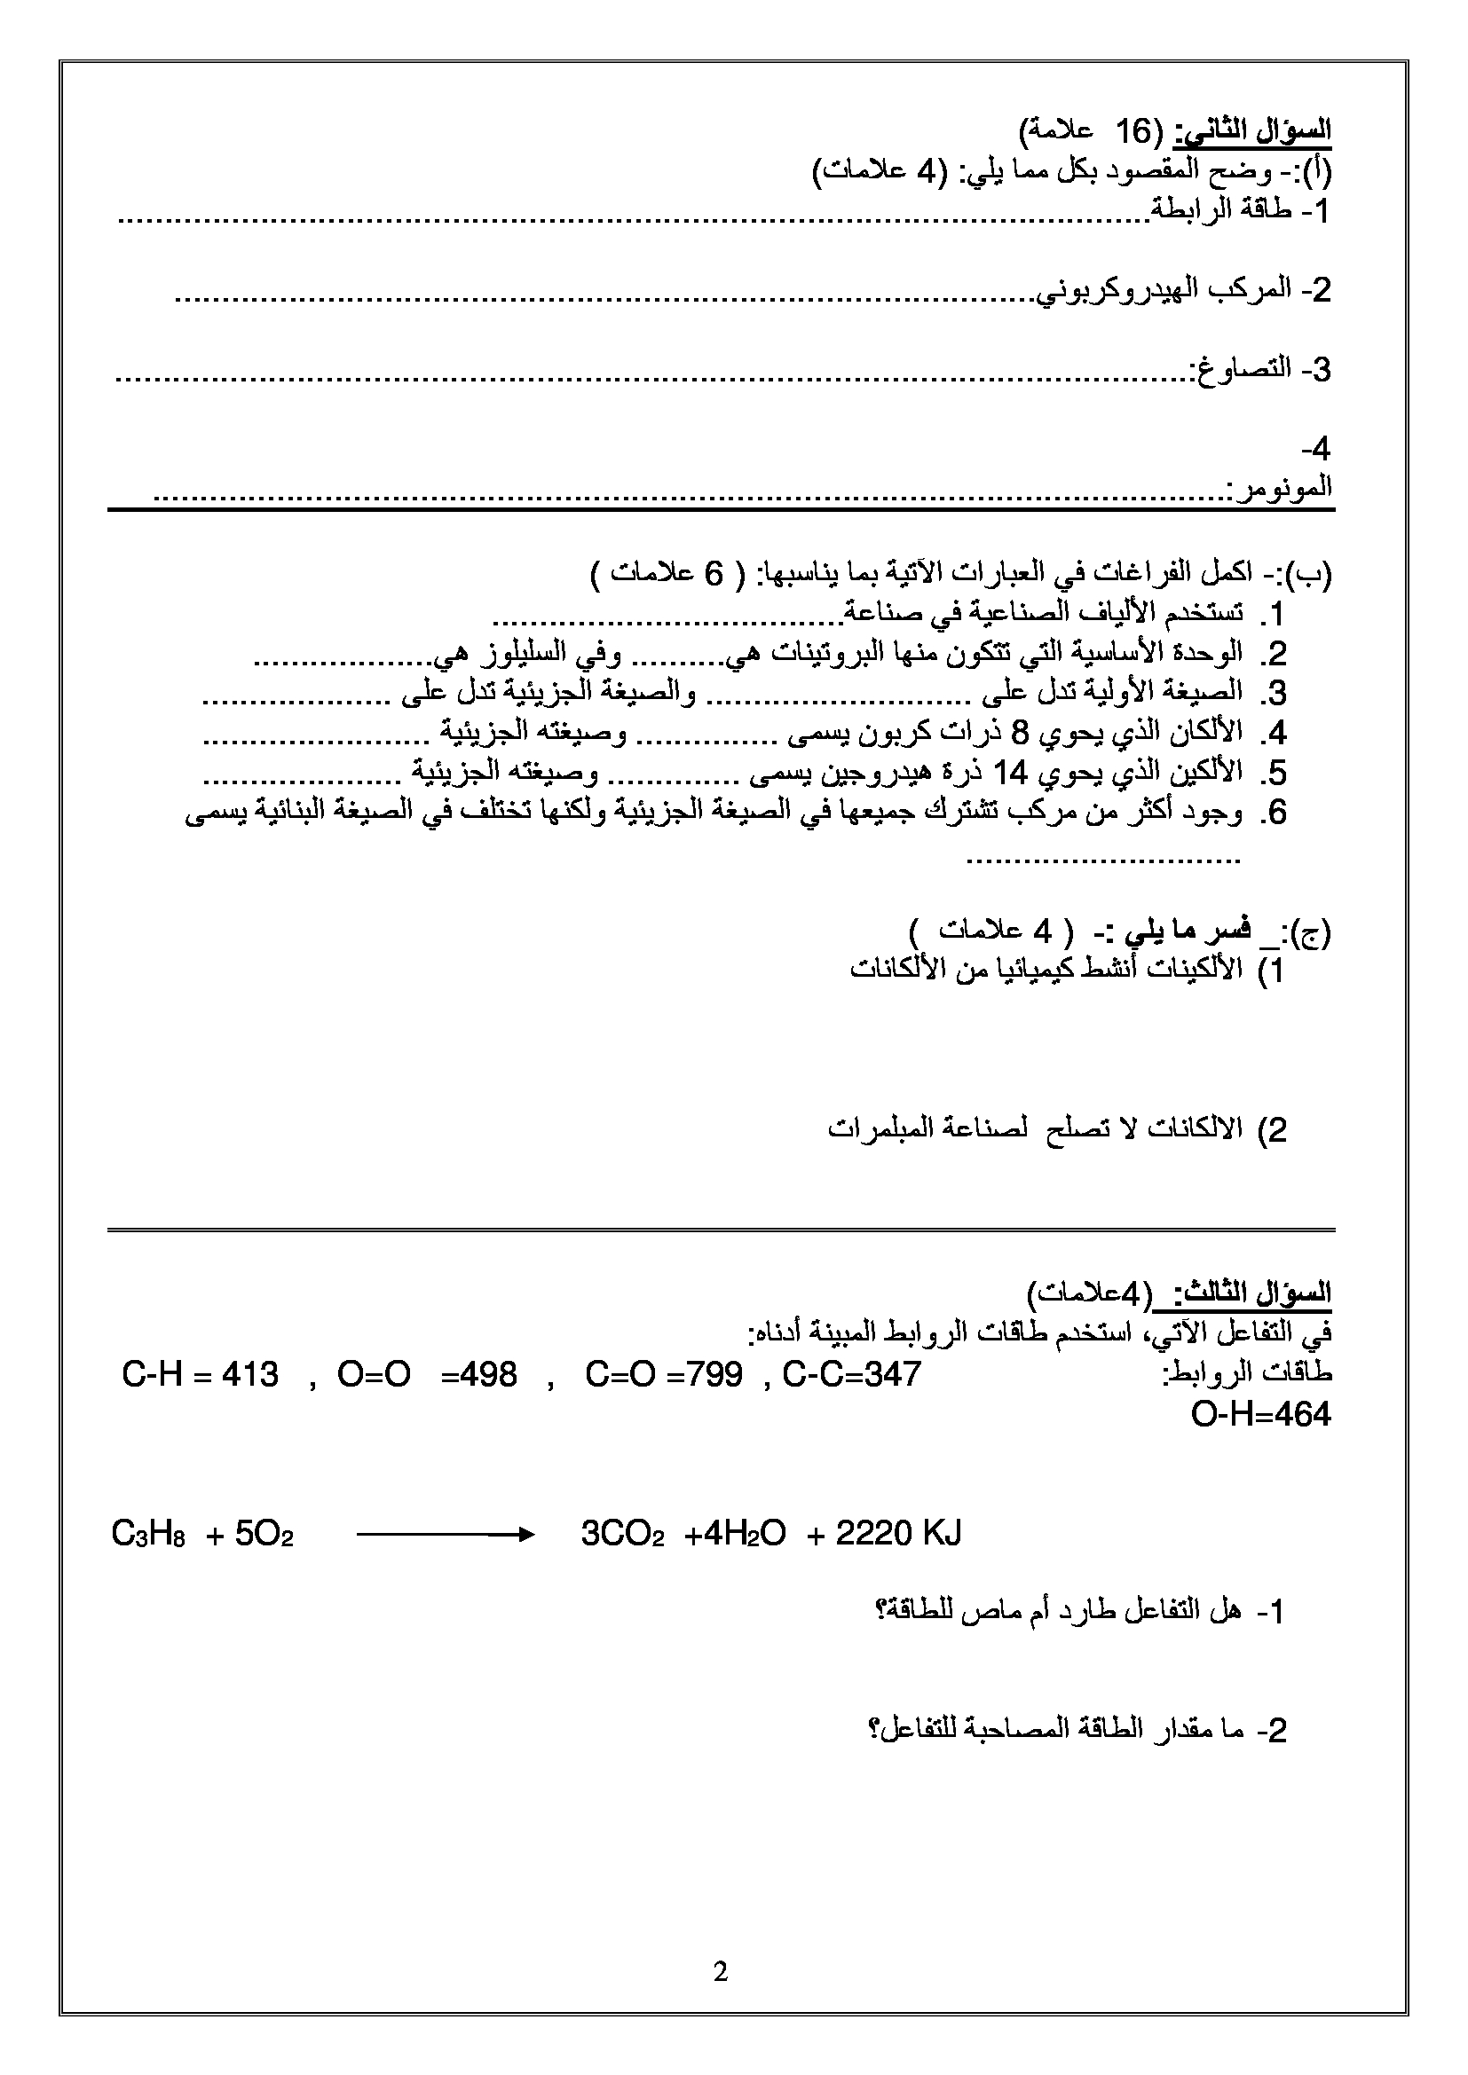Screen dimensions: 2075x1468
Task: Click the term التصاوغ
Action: [1238, 370]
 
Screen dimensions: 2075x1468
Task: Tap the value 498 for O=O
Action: [488, 1374]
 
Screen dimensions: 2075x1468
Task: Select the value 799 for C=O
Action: [714, 1374]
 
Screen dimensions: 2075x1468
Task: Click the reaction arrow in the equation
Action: [446, 1534]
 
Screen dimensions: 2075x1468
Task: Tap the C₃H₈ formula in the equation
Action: [148, 1535]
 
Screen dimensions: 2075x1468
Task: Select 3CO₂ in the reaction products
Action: [623, 1535]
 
